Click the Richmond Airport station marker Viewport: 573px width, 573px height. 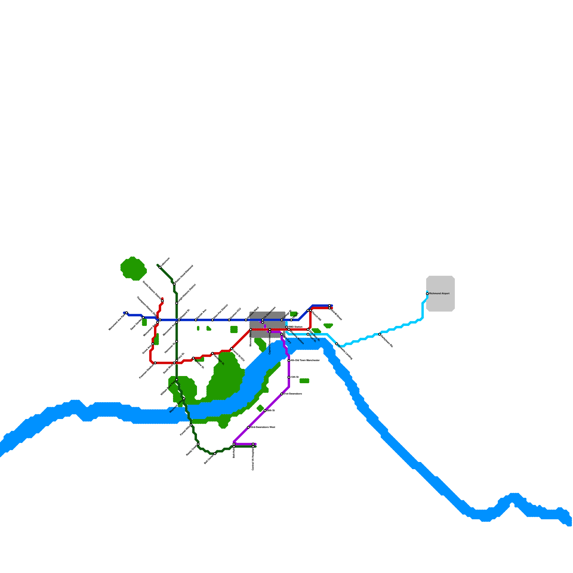pos(427,294)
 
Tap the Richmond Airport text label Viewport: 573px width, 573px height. pos(439,294)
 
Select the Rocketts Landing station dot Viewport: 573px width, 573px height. pos(337,344)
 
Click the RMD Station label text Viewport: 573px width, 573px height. pos(295,327)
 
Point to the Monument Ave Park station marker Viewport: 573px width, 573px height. pos(127,313)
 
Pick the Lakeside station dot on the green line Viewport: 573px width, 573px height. pos(160,267)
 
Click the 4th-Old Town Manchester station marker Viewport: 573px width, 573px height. pos(289,361)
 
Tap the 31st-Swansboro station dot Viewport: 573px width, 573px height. pos(282,394)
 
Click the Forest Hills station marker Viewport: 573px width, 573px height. pos(191,425)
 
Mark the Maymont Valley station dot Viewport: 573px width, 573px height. pos(184,399)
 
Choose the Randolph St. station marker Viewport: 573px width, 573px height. pos(212,353)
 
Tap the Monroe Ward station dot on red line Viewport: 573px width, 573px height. pos(251,329)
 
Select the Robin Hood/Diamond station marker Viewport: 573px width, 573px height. pos(174,284)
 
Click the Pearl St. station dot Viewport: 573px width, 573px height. pos(308,334)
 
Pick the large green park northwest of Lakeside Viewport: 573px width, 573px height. pos(133,269)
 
